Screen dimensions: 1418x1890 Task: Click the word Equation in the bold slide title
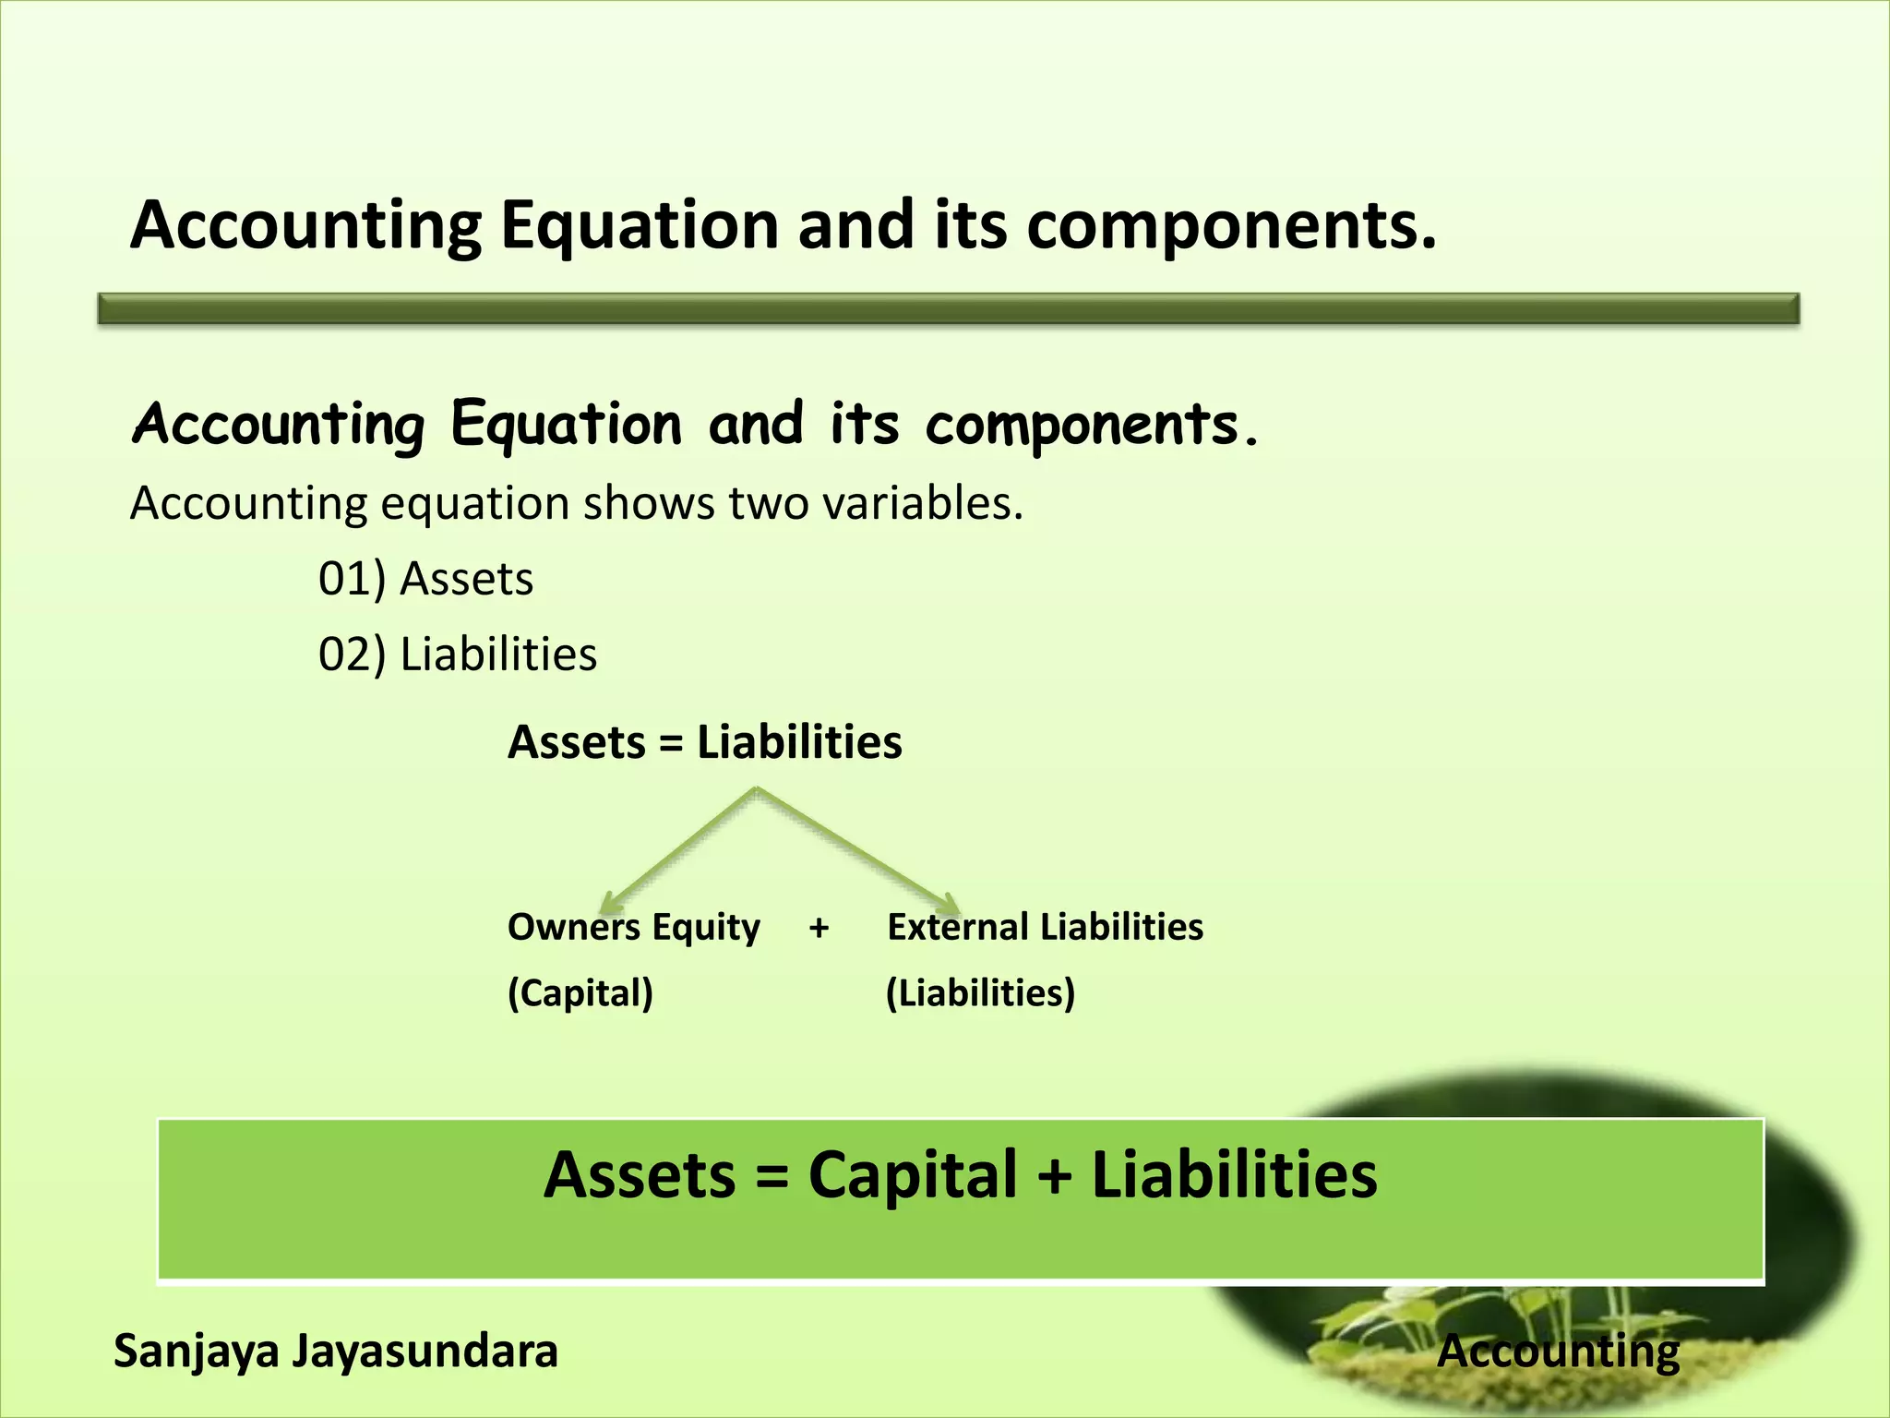coord(640,226)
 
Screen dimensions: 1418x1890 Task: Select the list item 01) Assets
coord(425,580)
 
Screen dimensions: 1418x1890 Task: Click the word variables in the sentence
coord(922,504)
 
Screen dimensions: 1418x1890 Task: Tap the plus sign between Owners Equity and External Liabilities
coord(819,928)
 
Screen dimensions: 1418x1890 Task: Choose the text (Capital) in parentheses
coord(580,994)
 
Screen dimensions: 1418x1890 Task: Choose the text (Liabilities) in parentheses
coord(980,994)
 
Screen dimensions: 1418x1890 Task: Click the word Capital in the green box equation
coord(912,1176)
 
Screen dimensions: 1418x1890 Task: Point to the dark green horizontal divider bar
coord(949,308)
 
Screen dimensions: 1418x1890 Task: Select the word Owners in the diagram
coord(560,928)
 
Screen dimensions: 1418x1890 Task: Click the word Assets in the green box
coord(640,1176)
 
